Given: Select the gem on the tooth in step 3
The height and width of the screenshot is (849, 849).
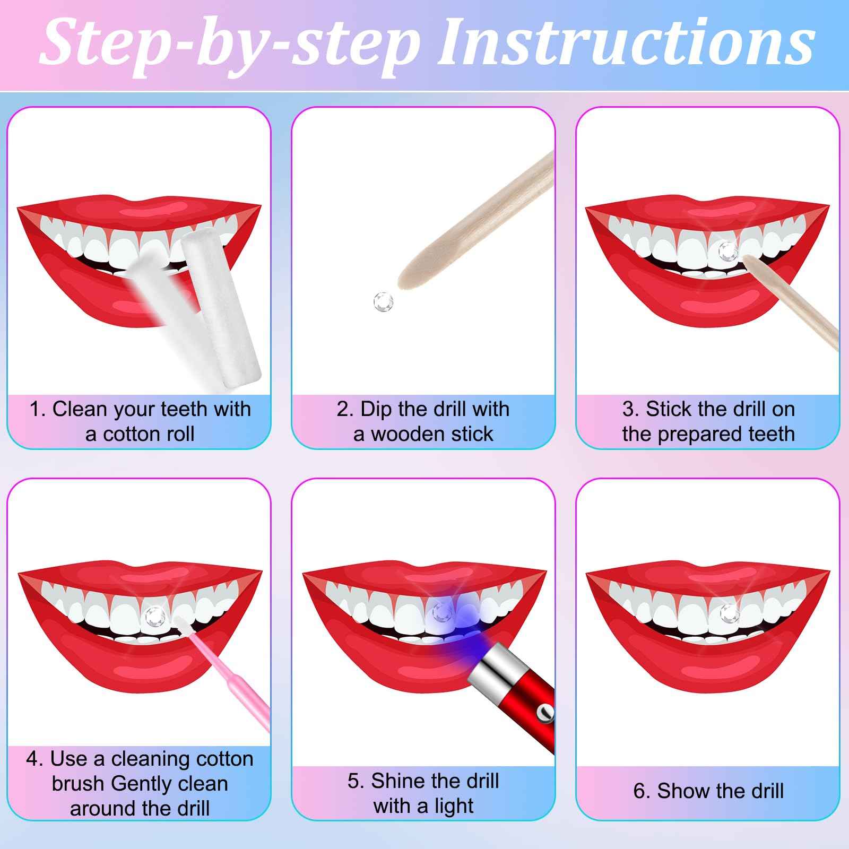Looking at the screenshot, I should click(x=726, y=249).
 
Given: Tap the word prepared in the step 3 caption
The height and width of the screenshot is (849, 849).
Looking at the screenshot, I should click(x=716, y=435).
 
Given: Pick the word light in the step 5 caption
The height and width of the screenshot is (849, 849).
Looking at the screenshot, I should click(x=452, y=806).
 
